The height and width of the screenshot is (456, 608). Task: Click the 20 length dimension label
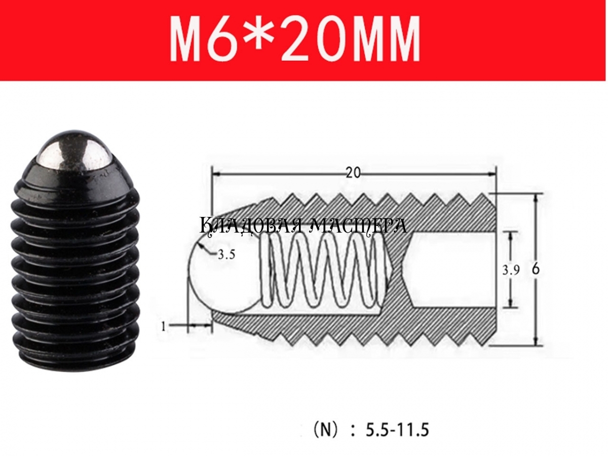click(354, 173)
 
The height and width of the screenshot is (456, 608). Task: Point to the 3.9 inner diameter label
click(511, 270)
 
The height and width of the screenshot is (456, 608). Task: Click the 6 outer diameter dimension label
click(536, 269)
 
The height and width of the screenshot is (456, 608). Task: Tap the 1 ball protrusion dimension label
click(164, 327)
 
